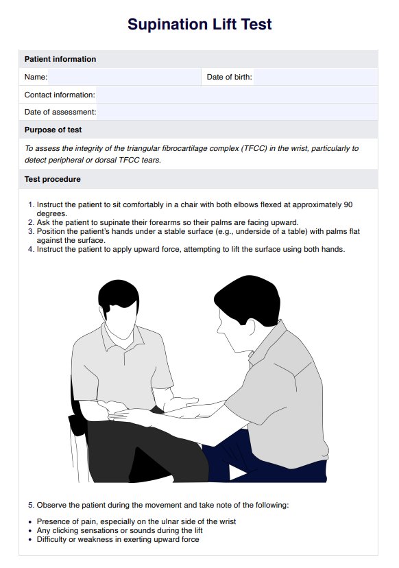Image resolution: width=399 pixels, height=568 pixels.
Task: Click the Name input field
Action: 124,77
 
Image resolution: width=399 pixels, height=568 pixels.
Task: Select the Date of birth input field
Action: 315,77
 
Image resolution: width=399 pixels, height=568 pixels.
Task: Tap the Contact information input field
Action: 237,95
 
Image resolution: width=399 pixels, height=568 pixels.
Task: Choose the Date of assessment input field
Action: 237,112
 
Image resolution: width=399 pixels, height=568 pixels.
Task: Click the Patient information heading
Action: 60,59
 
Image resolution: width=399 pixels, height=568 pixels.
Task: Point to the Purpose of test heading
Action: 53,130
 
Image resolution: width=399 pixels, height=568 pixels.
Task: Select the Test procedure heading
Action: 53,179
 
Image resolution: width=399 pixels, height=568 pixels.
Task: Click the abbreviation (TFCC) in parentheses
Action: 255,148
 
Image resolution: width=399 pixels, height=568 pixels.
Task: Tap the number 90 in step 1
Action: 348,204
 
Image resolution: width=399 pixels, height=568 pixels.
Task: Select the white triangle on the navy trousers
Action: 237,473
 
